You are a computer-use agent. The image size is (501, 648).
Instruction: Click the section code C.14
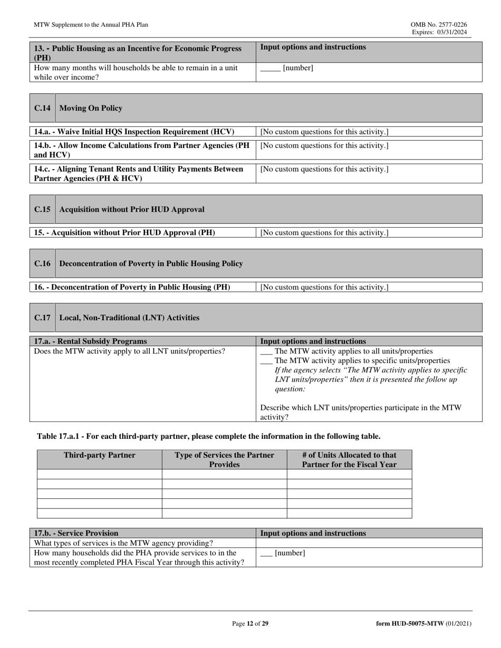coord(42,108)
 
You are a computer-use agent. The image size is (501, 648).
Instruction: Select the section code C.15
coord(42,209)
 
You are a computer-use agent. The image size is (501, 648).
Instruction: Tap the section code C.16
coord(42,263)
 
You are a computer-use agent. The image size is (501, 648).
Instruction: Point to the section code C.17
coord(42,318)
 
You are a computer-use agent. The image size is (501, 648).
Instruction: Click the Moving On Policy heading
coord(91,108)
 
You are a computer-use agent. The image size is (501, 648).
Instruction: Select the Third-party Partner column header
coord(99,455)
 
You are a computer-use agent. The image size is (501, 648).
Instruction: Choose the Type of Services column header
coord(224,459)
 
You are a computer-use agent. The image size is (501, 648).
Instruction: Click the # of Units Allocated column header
coord(349,459)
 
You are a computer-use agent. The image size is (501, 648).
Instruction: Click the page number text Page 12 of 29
coord(250,624)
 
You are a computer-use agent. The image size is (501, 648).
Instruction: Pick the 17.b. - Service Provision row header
coord(76,533)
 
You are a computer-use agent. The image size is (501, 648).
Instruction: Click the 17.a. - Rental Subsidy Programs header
coord(90,341)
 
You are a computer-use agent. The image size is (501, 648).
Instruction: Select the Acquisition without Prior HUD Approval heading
coord(132,209)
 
